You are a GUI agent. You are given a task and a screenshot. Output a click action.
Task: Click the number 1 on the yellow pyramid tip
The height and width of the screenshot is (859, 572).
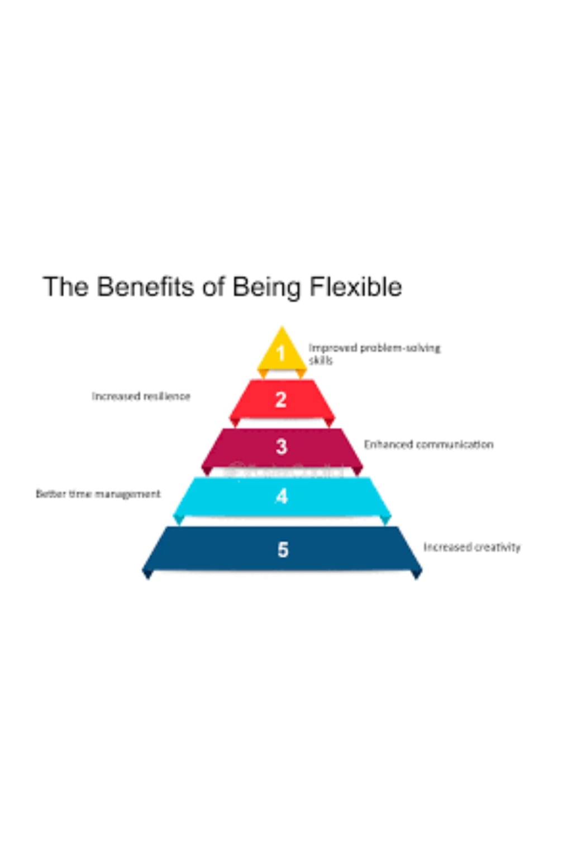[x=282, y=353]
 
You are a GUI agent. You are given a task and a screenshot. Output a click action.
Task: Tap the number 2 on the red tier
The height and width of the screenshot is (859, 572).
[x=281, y=399]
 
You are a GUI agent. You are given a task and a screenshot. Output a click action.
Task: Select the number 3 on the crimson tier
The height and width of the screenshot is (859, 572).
[x=282, y=446]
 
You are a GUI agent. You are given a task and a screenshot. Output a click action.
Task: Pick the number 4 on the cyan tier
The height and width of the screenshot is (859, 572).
[x=282, y=496]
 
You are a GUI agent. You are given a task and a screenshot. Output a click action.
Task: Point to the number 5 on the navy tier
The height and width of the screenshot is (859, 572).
[x=283, y=550]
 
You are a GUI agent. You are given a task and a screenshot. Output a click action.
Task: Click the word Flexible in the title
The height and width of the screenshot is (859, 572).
[x=355, y=287]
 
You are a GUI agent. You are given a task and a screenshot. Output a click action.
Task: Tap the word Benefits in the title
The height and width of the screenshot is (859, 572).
[x=146, y=287]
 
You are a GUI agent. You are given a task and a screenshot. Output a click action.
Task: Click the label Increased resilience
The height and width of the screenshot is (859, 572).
[x=141, y=396]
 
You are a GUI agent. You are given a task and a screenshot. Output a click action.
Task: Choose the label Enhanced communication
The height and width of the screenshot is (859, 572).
[x=428, y=445]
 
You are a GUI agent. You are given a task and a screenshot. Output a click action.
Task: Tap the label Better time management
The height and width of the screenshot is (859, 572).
[x=98, y=494]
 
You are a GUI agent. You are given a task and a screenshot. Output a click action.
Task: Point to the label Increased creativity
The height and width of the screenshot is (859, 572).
[x=471, y=547]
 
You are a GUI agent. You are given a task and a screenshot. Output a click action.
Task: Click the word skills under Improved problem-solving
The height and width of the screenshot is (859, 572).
[x=321, y=361]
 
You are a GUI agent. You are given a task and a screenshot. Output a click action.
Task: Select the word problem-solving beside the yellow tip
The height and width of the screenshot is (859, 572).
[x=400, y=348]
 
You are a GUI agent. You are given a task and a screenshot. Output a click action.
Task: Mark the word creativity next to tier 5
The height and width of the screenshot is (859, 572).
[x=497, y=547]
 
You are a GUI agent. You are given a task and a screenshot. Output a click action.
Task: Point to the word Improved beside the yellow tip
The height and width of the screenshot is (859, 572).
[x=332, y=348]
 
